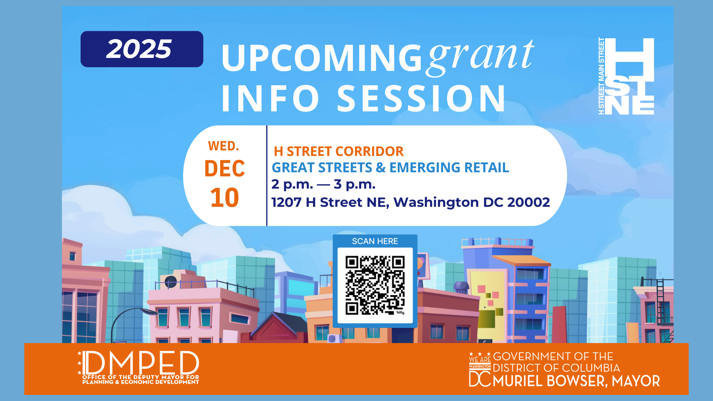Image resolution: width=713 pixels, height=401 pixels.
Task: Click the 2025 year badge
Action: [x=142, y=49]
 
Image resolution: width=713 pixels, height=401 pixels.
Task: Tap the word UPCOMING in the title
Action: [x=322, y=58]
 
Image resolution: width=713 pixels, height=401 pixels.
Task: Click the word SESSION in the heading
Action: [x=421, y=98]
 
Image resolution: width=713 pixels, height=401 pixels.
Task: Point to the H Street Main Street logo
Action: [x=626, y=76]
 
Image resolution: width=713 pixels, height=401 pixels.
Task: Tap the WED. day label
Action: [x=224, y=146]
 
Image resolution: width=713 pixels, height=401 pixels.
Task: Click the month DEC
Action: [x=225, y=169]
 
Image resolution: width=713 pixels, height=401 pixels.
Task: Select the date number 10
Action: [x=225, y=198]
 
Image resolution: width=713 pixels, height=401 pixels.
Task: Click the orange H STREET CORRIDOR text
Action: [x=339, y=151]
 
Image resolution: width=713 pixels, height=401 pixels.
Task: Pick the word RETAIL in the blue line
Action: [x=486, y=168]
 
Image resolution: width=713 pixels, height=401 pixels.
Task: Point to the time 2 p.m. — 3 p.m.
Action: [x=323, y=184]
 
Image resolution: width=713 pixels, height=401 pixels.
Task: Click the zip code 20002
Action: [x=528, y=202]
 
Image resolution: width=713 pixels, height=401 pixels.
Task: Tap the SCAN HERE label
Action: [x=375, y=241]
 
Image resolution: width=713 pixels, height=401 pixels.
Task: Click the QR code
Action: [x=375, y=285]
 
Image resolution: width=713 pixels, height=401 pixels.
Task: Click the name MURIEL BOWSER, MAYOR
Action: [x=576, y=381]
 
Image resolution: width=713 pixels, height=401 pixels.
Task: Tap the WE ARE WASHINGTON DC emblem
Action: [x=480, y=369]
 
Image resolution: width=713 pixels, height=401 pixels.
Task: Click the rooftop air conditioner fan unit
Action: [x=170, y=282]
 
